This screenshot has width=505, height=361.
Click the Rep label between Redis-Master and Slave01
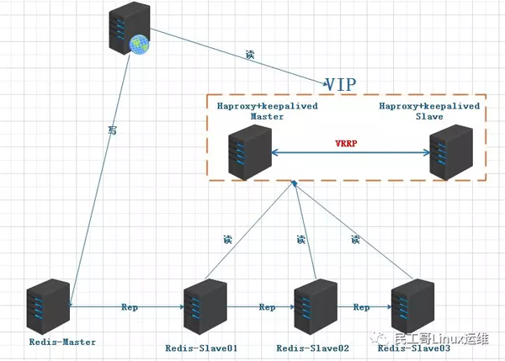point(130,308)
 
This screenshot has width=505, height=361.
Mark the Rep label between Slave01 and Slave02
point(267,308)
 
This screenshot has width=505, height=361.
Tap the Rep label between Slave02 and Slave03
point(361,308)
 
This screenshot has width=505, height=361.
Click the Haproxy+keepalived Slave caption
point(429,112)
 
